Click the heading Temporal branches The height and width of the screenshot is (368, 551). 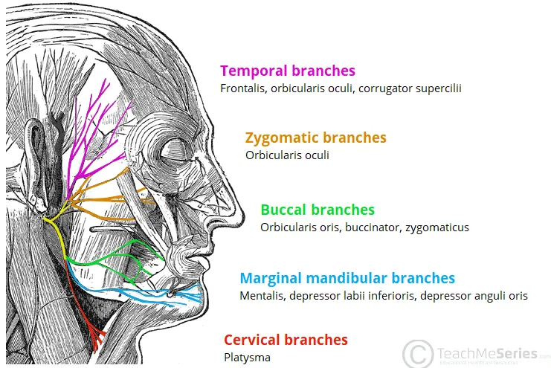coord(287,71)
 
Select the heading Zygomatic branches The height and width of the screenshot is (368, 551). coord(315,138)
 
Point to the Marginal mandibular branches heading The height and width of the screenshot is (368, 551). coord(347,278)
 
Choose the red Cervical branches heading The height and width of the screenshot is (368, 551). coord(286,340)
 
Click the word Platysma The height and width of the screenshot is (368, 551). coord(247,357)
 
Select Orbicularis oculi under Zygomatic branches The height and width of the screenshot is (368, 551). coord(287,155)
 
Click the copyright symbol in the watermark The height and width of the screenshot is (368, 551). coord(418,353)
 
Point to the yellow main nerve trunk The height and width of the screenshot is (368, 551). coord(56,230)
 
